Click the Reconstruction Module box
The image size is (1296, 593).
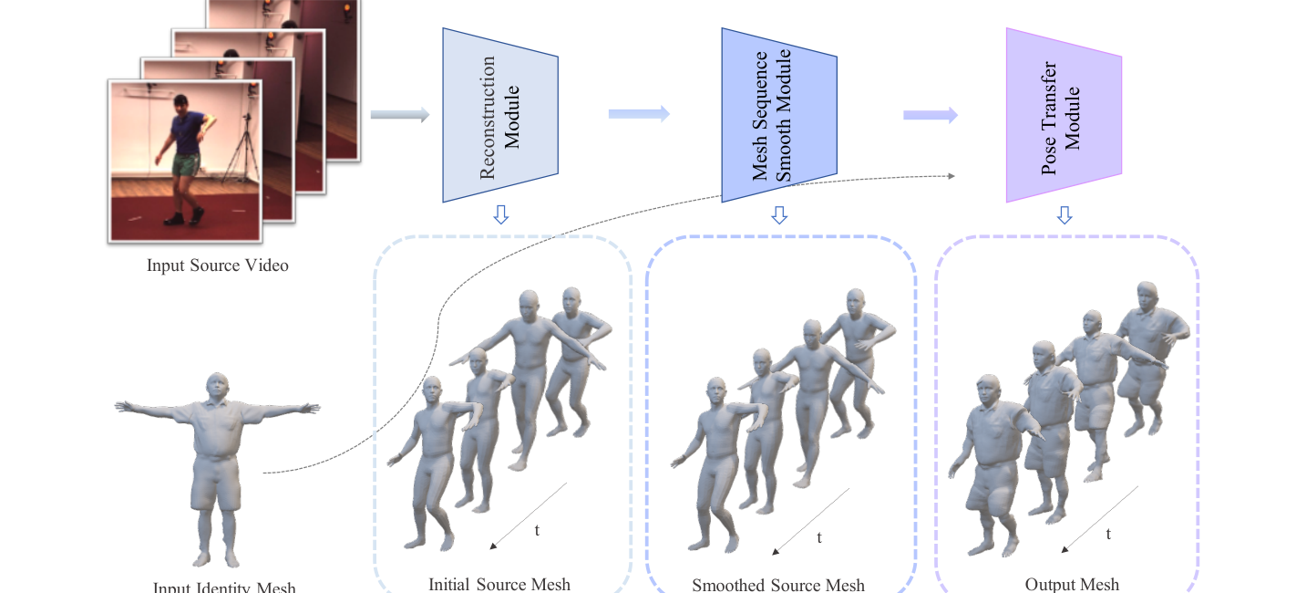[499, 115]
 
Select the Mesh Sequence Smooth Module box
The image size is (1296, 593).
[778, 115]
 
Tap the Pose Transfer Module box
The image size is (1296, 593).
[1063, 115]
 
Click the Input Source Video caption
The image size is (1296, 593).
[218, 266]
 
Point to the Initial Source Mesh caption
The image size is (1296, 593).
[499, 584]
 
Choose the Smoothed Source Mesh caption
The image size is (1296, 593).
[778, 585]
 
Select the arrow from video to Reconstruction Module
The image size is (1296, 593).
[399, 115]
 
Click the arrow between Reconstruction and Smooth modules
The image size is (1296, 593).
[639, 114]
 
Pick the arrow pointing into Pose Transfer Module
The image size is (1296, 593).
[931, 115]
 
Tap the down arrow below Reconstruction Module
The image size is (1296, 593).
[499, 215]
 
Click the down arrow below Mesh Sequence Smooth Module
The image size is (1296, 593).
[778, 215]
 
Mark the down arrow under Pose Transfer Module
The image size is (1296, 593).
[1064, 215]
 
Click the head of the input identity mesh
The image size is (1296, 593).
[216, 386]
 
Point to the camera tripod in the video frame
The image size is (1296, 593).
[242, 151]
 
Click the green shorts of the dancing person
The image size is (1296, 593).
[187, 165]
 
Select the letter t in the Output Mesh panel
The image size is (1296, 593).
[1108, 535]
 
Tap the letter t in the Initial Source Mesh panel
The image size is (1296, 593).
[537, 529]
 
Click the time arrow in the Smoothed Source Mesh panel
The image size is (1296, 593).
[810, 521]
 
